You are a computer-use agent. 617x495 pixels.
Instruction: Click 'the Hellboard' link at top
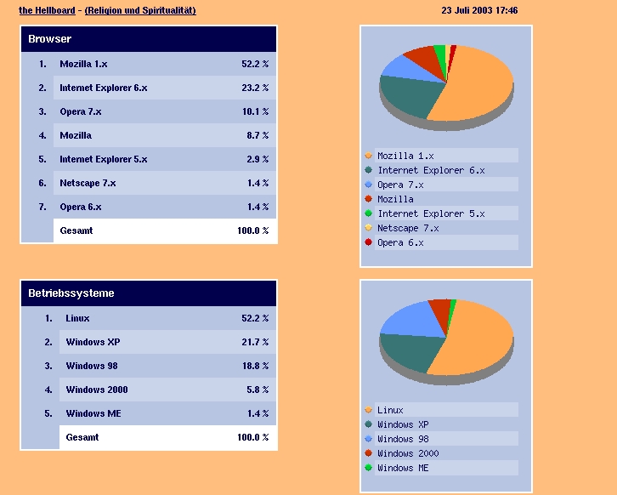click(47, 10)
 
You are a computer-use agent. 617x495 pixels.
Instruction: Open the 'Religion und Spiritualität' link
click(140, 10)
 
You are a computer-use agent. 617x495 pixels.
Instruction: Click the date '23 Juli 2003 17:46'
click(479, 10)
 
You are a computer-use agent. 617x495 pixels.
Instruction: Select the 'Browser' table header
click(49, 39)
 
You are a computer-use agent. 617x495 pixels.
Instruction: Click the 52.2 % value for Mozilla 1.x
click(254, 64)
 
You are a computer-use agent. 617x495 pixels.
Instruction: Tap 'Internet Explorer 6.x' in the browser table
click(103, 88)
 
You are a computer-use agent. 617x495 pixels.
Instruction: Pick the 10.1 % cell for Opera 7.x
click(254, 111)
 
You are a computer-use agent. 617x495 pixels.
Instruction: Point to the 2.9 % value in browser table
click(256, 159)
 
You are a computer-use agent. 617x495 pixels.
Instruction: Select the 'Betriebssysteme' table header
click(71, 293)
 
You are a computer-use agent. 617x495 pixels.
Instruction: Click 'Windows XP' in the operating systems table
click(93, 342)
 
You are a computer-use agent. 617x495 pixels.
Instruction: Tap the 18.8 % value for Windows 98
click(254, 366)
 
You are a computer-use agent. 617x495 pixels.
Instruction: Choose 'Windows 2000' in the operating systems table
click(97, 390)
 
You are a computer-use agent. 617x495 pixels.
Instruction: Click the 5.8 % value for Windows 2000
click(256, 390)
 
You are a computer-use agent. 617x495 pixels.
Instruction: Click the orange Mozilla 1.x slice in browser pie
click(476, 85)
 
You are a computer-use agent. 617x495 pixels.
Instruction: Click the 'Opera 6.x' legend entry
click(400, 242)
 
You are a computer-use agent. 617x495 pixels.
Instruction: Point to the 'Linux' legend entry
click(390, 410)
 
